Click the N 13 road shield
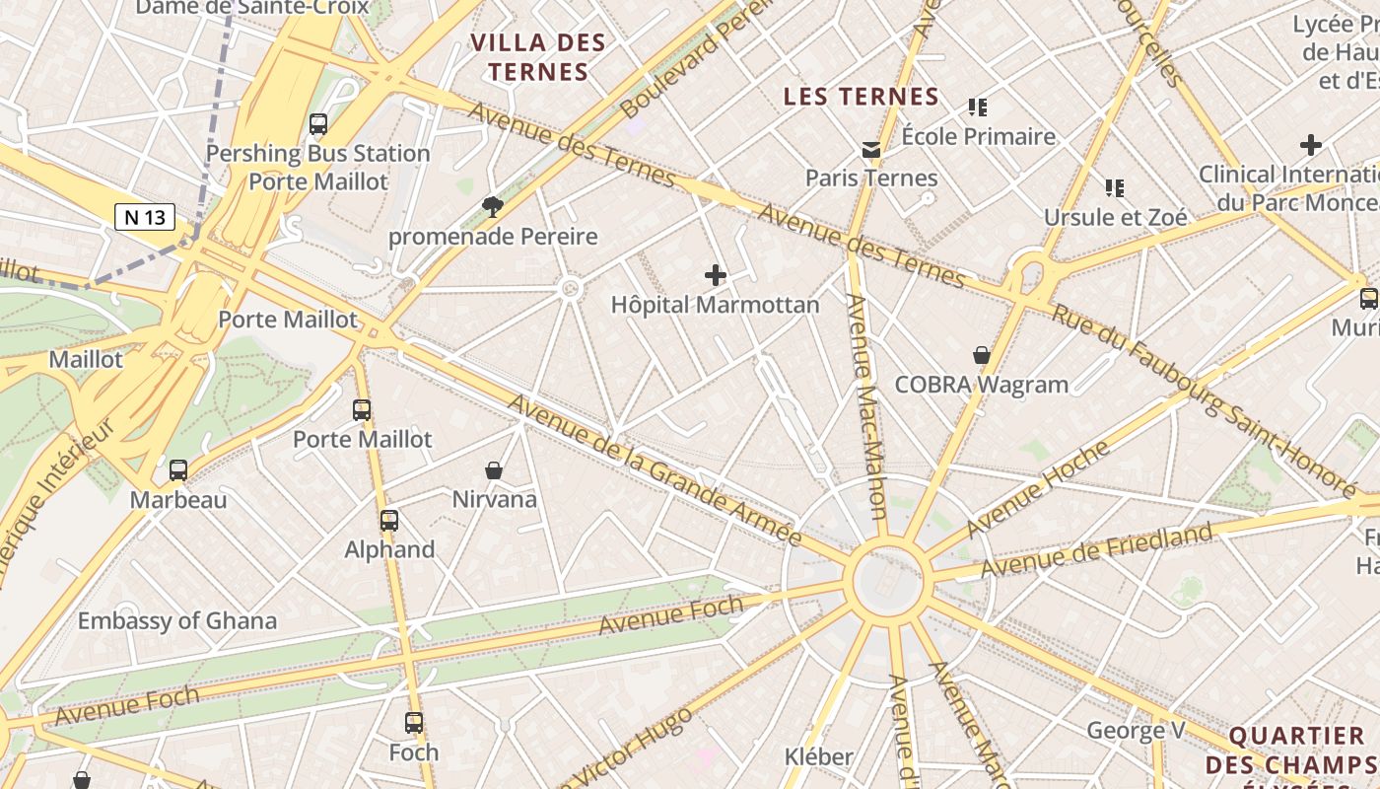point(145,217)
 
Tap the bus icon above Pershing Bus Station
point(318,124)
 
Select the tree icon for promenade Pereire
point(492,206)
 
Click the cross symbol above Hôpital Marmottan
point(716,275)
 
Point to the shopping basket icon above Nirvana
point(494,470)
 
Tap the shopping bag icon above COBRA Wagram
point(982,355)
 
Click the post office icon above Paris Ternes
point(871,150)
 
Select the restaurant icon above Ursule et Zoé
point(1115,187)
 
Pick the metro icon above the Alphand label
point(389,521)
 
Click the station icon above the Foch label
point(414,723)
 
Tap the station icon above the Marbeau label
point(178,470)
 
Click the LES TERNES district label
point(862,97)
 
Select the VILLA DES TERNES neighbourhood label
point(538,57)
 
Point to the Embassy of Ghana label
point(177,621)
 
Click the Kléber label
point(818,756)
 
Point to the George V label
point(1136,731)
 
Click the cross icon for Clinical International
point(1310,146)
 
